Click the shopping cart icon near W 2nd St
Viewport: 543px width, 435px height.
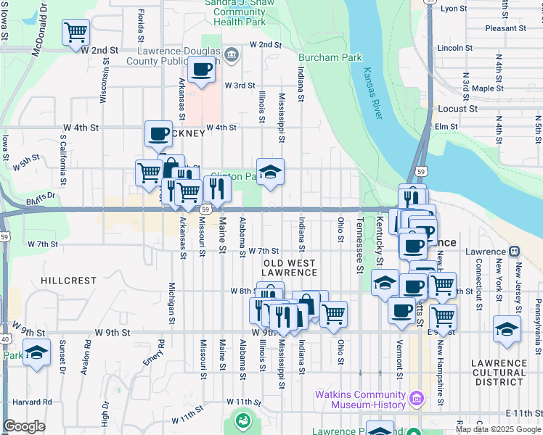(75, 32)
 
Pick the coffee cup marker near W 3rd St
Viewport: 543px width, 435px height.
(201, 70)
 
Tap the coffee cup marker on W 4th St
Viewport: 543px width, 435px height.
(158, 133)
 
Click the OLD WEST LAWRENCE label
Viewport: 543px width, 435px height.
(290, 268)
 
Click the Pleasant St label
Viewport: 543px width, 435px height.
(505, 28)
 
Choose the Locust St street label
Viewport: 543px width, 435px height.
(457, 109)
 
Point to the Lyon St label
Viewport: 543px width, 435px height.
(454, 9)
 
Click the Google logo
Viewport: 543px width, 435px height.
(25, 427)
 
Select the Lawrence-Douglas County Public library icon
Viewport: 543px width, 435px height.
(231, 54)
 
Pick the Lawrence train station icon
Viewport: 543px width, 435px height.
(514, 252)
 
